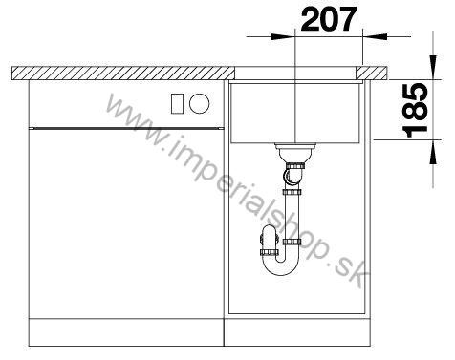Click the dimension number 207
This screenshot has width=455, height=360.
(x=329, y=19)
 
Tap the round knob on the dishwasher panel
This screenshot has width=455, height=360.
(x=200, y=103)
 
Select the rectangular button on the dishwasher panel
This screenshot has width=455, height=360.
(x=177, y=103)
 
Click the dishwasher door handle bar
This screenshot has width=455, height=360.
(x=126, y=128)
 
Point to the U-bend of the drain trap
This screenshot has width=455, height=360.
(x=280, y=265)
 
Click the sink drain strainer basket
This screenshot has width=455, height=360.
(x=295, y=153)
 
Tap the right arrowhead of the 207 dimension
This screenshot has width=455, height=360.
(x=375, y=36)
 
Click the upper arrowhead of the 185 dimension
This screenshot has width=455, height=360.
(x=433, y=67)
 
